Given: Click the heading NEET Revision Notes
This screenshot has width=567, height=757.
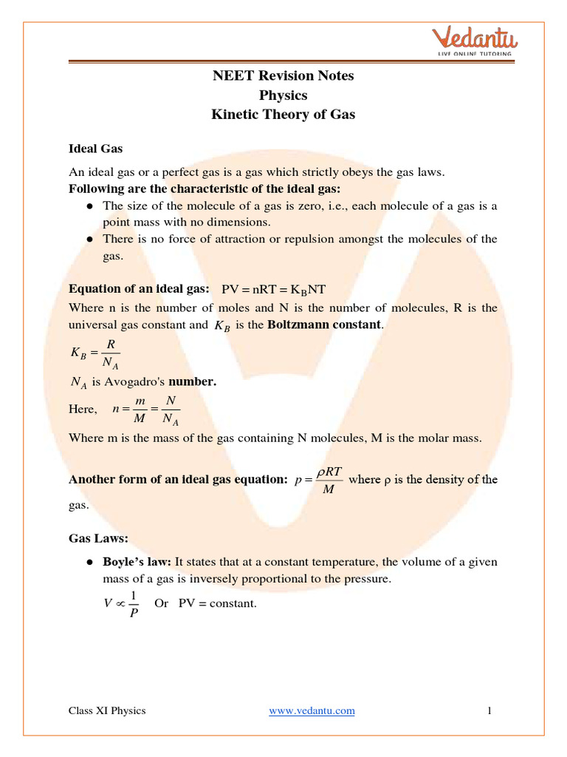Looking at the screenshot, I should pyautogui.click(x=283, y=75).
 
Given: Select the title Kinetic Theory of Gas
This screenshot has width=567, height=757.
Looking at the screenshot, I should pyautogui.click(x=283, y=115).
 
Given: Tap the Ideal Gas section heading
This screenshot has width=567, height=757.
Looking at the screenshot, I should pyautogui.click(x=95, y=149).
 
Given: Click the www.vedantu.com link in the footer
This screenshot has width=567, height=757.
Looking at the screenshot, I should pyautogui.click(x=312, y=710).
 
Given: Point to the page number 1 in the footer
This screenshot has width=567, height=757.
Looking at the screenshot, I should pyautogui.click(x=489, y=710).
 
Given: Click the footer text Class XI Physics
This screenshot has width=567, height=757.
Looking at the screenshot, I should pyautogui.click(x=107, y=710).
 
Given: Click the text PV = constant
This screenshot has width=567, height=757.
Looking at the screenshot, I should pyautogui.click(x=218, y=603).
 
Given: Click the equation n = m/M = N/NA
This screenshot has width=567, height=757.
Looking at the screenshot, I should pyautogui.click(x=146, y=409).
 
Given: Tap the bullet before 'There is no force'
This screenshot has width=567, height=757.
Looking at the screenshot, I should pyautogui.click(x=89, y=239).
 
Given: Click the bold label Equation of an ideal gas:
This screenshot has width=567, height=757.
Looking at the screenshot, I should pyautogui.click(x=139, y=288).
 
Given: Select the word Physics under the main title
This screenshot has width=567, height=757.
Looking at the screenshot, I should pyautogui.click(x=283, y=95).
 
